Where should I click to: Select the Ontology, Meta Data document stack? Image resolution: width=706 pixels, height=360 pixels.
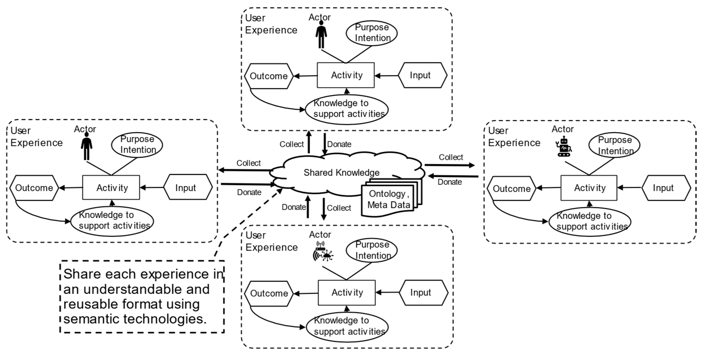point(389,200)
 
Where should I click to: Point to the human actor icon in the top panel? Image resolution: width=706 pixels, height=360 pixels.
point(321,34)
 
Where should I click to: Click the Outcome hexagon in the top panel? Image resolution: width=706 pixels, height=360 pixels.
point(269,76)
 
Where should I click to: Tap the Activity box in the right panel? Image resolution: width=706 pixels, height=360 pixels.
point(589,188)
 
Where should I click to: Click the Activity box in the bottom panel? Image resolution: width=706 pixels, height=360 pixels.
point(347,292)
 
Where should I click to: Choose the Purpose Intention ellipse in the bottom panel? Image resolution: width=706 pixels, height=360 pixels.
point(372,250)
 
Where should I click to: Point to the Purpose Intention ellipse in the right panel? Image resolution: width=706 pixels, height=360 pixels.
point(614,145)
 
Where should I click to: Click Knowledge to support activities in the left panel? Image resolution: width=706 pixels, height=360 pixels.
point(112,221)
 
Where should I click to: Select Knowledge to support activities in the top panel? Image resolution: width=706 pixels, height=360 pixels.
point(347,109)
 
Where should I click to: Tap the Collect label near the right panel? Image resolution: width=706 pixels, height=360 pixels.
point(451,157)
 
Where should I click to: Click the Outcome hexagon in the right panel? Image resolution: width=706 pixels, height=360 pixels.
point(511,189)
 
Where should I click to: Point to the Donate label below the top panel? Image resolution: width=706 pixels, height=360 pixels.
point(339,144)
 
